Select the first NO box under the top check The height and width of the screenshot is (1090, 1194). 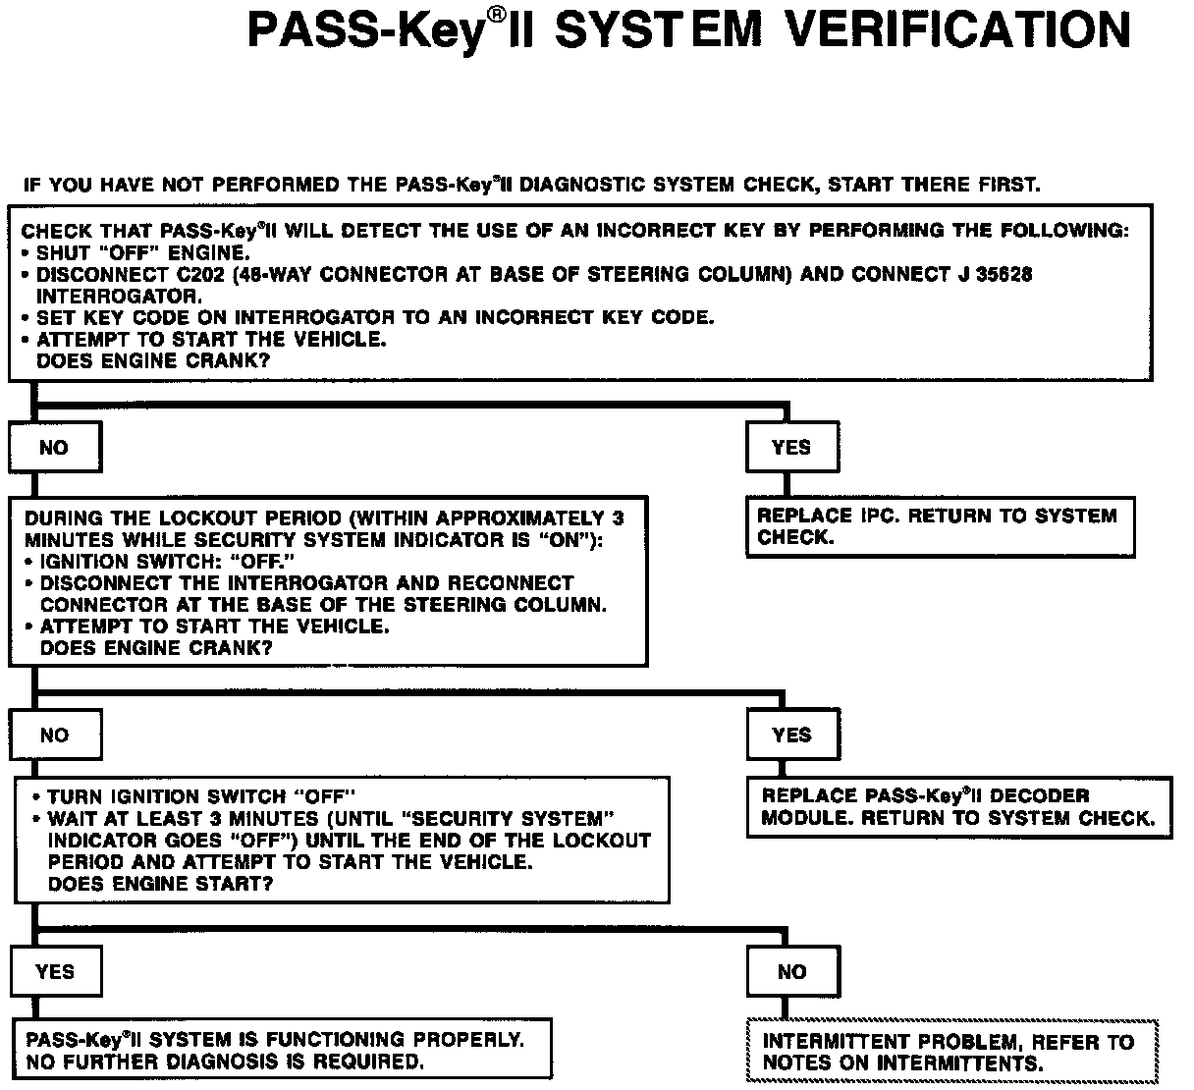[54, 448]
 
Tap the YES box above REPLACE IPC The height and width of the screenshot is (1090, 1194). [791, 448]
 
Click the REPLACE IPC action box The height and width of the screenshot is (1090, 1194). [940, 527]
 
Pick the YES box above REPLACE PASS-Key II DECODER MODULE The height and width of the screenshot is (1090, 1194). [791, 736]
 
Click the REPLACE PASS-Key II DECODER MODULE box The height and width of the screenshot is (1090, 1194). [958, 807]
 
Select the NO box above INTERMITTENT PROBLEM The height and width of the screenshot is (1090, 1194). [791, 972]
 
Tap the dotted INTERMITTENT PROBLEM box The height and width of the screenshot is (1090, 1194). [952, 1052]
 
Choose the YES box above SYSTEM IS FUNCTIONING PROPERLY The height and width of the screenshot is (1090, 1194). [54, 972]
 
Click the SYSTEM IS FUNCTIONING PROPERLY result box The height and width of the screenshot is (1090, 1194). [280, 1051]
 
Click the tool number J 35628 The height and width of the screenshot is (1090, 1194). [994, 275]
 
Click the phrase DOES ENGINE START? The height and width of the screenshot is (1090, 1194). [160, 884]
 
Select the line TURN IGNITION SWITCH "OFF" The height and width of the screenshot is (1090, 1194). [201, 797]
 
